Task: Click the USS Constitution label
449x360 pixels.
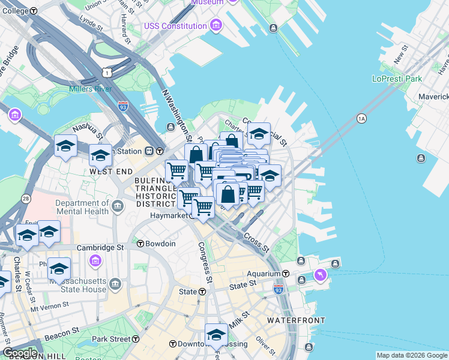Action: tap(175, 26)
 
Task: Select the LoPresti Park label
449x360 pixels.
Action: tap(397, 79)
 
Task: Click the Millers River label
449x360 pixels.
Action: tap(90, 89)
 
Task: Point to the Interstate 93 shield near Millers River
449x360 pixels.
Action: tap(122, 106)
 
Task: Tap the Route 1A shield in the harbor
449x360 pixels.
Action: tap(361, 118)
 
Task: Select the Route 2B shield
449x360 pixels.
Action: tap(26, 198)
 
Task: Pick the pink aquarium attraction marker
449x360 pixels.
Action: tap(321, 275)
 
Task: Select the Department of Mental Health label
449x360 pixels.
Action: tap(82, 207)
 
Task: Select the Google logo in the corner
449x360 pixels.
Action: tap(20, 353)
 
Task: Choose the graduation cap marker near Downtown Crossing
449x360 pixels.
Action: tap(216, 335)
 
